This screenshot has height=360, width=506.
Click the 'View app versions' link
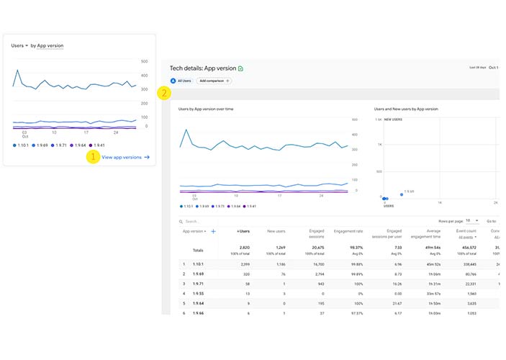tap(125, 157)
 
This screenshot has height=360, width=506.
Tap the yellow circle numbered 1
tap(92, 156)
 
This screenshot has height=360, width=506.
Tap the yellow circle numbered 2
tap(165, 93)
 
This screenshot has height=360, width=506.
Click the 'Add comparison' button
tap(214, 81)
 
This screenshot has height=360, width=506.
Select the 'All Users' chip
tap(181, 81)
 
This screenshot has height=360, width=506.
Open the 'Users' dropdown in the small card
tap(19, 45)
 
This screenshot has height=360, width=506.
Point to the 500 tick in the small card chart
tap(144, 62)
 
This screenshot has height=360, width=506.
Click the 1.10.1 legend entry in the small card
tap(22, 145)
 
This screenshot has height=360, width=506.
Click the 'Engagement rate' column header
tap(348, 231)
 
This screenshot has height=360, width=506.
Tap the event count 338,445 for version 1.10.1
tap(466, 264)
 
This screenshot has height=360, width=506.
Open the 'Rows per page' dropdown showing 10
tap(472, 221)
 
